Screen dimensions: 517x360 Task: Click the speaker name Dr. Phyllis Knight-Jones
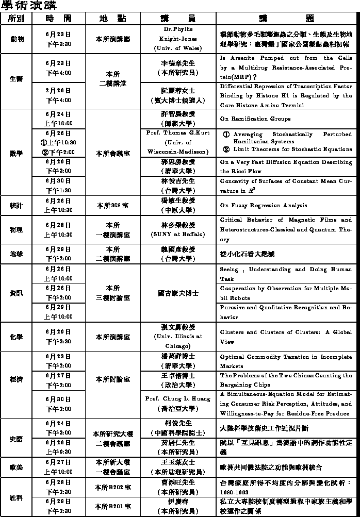point(177,39)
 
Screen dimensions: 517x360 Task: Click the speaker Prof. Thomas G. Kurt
point(177,132)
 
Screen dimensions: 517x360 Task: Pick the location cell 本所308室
point(112,205)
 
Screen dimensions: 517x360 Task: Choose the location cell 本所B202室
point(113,487)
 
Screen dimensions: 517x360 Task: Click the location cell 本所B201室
point(113,506)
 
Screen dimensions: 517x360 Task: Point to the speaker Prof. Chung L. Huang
point(177,398)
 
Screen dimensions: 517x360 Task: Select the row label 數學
point(16,153)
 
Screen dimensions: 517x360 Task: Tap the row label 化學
point(16,337)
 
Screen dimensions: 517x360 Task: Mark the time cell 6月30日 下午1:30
point(58,186)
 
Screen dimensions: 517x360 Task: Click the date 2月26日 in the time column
point(58,90)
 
